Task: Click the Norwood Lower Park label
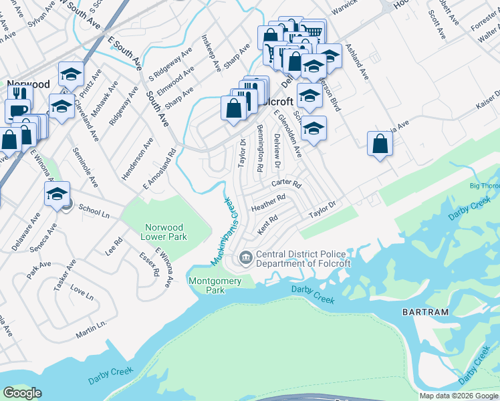click(164, 231)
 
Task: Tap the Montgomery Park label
click(215, 285)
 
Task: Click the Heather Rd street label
click(268, 203)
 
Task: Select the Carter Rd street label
click(286, 183)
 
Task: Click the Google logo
click(22, 393)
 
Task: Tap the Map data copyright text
click(458, 396)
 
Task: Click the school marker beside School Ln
click(57, 195)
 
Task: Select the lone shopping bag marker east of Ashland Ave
click(380, 144)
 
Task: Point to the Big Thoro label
click(484, 185)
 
